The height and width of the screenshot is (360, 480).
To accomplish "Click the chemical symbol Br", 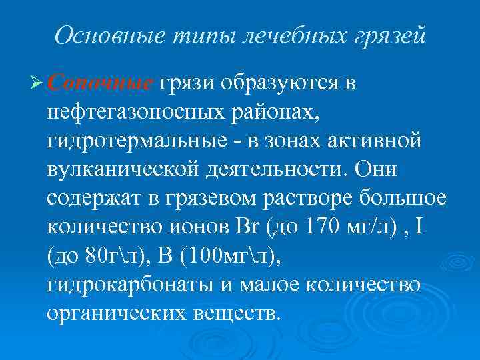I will (x=247, y=228).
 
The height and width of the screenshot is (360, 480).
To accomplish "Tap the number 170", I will (x=323, y=228).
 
